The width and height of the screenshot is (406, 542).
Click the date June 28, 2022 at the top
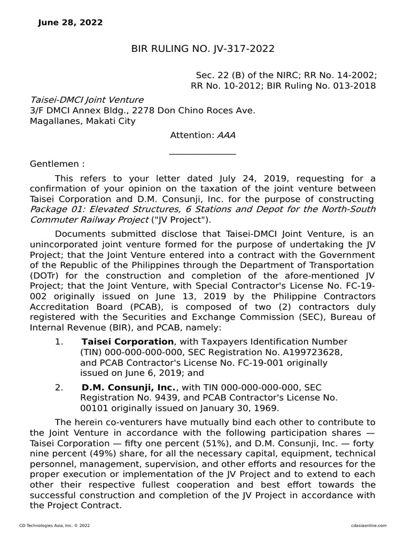click(x=71, y=23)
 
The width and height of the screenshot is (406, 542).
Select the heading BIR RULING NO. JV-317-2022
click(x=202, y=49)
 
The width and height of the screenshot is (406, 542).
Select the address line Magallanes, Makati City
click(x=82, y=121)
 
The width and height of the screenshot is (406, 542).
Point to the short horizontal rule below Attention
click(x=202, y=155)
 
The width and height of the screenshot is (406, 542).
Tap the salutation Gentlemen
click(x=57, y=164)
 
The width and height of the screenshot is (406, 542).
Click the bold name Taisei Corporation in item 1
click(x=127, y=342)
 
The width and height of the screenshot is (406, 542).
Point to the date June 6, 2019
click(x=134, y=374)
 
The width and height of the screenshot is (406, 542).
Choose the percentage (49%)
click(x=85, y=454)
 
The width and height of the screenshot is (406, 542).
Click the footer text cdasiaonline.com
click(x=368, y=526)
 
